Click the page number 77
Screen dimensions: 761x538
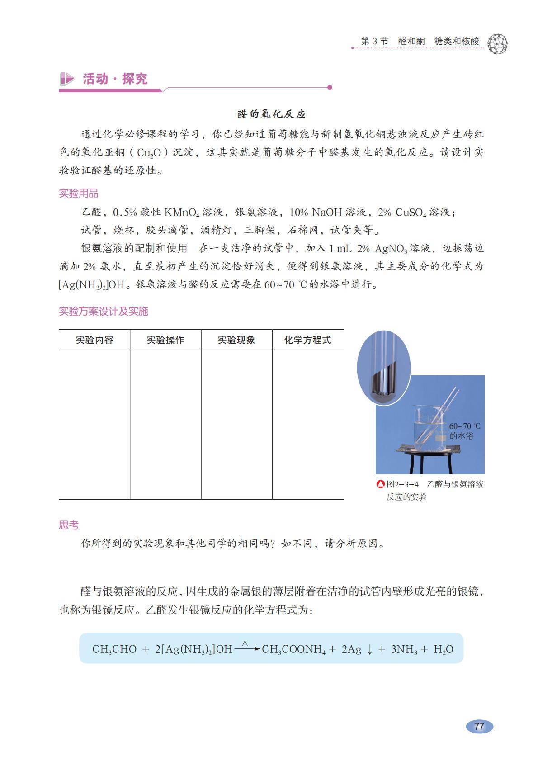[x=479, y=726]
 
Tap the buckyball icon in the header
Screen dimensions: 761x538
[x=498, y=44]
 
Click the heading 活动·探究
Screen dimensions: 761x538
[x=115, y=79]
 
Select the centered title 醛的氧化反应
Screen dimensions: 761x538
[x=272, y=114]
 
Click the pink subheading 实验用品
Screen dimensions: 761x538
[x=79, y=194]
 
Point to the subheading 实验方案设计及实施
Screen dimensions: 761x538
[x=104, y=311]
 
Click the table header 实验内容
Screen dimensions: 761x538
[x=94, y=340]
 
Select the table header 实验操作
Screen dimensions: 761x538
[x=165, y=340]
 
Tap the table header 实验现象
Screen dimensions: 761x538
[x=236, y=340]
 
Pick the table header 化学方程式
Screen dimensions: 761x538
[x=307, y=340]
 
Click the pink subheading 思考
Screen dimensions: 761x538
[x=69, y=525]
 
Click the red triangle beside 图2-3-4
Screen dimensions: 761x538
[x=381, y=484]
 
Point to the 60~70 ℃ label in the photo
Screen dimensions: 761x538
[x=465, y=426]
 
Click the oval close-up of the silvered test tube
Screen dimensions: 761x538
[x=384, y=366]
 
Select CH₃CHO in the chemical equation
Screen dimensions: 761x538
[x=114, y=649]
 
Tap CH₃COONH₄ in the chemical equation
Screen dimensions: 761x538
[x=293, y=649]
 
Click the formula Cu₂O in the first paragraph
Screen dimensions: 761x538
[x=149, y=153]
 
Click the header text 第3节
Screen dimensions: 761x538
[x=374, y=41]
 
